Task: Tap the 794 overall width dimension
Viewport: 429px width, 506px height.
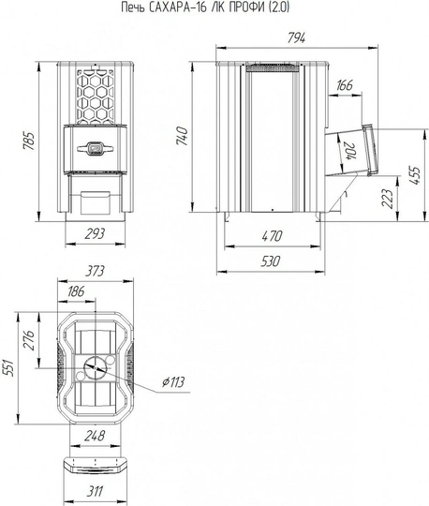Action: tap(296, 38)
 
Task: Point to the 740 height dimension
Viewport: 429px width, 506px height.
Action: tap(183, 136)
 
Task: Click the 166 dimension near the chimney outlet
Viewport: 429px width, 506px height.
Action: tap(345, 85)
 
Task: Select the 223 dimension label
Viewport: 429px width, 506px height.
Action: tap(388, 199)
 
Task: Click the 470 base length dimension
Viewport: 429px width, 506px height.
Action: tap(272, 236)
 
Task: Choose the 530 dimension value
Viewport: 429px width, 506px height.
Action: tap(271, 261)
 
